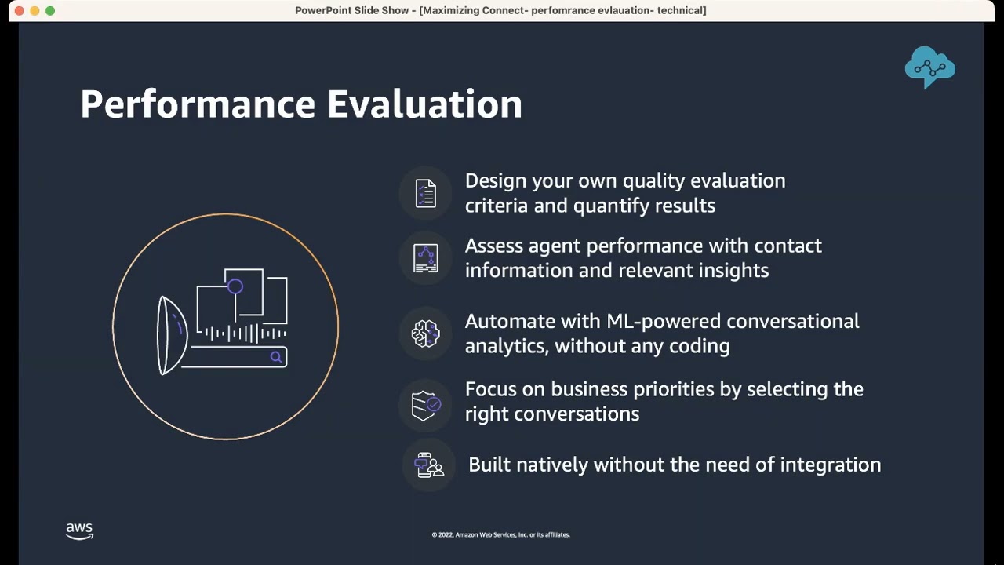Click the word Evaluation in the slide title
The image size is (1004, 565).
click(x=424, y=104)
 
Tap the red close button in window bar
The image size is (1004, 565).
click(x=19, y=10)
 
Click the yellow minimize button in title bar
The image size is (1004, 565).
click(x=35, y=10)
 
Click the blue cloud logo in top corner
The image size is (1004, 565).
click(x=929, y=67)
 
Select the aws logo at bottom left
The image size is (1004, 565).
click(x=79, y=531)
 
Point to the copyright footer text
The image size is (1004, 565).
click(x=500, y=534)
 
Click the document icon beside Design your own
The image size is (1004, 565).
click(x=425, y=194)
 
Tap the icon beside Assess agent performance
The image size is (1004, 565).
click(x=425, y=258)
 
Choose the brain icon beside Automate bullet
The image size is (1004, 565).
click(x=425, y=334)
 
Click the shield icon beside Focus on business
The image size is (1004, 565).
click(x=425, y=405)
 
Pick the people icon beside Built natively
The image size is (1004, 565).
click(x=428, y=465)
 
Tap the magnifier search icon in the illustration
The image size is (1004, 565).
click(x=276, y=358)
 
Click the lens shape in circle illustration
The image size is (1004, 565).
click(x=170, y=336)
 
